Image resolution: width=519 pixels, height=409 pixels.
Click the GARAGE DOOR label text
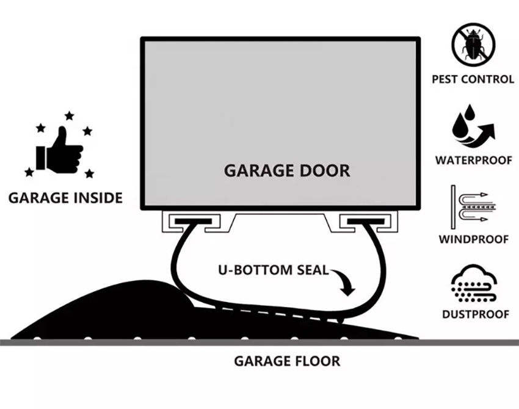287,170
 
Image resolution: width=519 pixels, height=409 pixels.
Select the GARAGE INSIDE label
65,198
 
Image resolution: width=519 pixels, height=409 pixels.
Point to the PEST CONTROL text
473,79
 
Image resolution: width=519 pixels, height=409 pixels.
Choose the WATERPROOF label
473,161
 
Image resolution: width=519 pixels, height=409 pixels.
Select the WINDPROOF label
473,239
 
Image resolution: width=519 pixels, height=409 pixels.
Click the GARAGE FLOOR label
287,361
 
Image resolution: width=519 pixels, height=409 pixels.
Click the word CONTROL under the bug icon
488,79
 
